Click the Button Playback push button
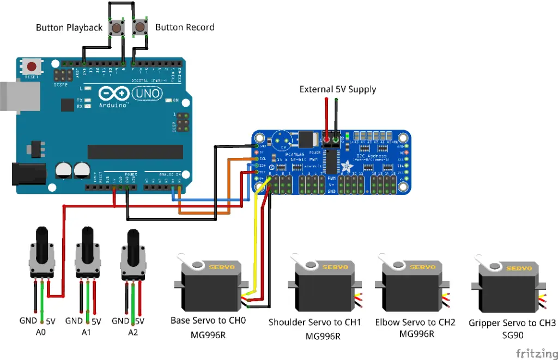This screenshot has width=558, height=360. tap(117, 27)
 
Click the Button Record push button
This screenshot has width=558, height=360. tap(141, 27)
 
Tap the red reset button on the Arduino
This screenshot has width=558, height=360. tap(32, 67)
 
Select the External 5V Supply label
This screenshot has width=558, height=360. tap(337, 89)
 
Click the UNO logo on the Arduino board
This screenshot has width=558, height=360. tap(147, 94)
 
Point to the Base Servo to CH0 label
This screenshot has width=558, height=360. tap(208, 320)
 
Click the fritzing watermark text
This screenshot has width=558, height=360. tap(536, 352)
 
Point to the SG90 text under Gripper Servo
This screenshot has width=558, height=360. tap(512, 335)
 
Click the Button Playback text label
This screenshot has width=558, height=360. tap(69, 27)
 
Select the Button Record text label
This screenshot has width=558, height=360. tap(185, 27)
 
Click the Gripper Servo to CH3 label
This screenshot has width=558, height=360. tap(512, 323)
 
